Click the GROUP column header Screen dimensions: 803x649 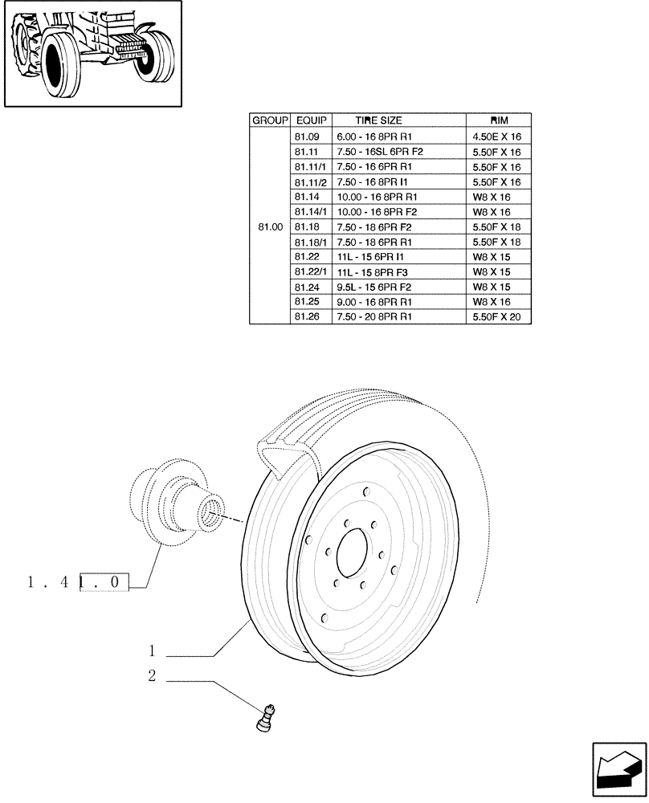pyautogui.click(x=270, y=120)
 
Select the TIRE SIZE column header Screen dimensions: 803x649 pyautogui.click(x=378, y=120)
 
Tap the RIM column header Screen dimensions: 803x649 pyautogui.click(x=498, y=120)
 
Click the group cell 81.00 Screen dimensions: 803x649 pyautogui.click(x=270, y=227)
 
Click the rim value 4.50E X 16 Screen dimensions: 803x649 pyautogui.click(x=498, y=137)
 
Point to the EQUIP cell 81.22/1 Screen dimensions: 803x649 pyautogui.click(x=309, y=272)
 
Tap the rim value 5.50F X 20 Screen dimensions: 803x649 pyautogui.click(x=498, y=317)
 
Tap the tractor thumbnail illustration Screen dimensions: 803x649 pyautogui.click(x=92, y=54)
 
